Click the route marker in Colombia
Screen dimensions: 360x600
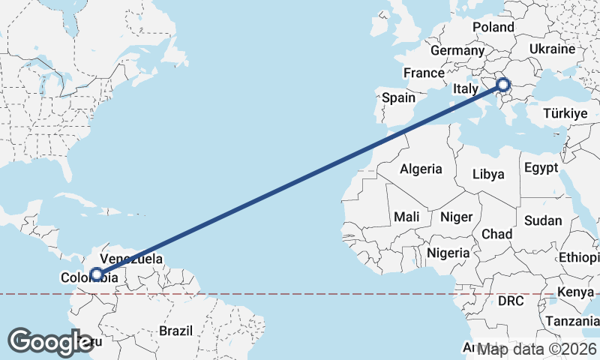(x=96, y=274)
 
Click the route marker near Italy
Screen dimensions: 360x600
(x=503, y=85)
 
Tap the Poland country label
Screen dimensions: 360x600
(x=493, y=28)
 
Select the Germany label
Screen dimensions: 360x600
(x=457, y=50)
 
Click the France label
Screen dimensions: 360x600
(x=424, y=73)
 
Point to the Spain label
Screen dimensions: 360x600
(x=398, y=97)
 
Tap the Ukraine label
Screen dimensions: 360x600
(x=551, y=48)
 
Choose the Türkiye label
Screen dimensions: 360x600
(x=564, y=114)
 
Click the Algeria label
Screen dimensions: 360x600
(x=421, y=169)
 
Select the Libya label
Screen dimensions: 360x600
(x=488, y=174)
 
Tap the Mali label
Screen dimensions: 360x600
(x=406, y=217)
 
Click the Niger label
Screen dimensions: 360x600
(x=456, y=217)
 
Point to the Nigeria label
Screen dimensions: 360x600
(x=448, y=253)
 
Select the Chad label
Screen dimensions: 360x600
(x=496, y=234)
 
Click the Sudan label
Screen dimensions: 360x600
(x=542, y=220)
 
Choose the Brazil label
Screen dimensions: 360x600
(x=175, y=331)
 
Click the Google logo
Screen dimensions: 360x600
(x=51, y=341)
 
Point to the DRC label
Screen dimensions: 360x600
(x=511, y=301)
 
